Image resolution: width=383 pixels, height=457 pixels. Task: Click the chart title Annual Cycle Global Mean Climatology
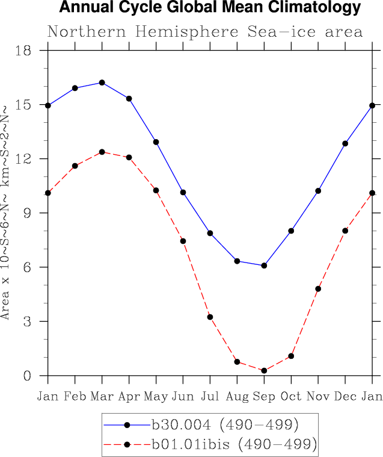coord(210,8)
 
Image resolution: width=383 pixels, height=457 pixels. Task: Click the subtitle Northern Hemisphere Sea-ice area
coord(205,32)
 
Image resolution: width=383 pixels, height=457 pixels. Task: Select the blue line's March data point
coord(102,82)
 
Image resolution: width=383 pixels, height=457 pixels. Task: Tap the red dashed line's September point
coord(264,370)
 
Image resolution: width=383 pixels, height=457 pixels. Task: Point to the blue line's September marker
coord(264,266)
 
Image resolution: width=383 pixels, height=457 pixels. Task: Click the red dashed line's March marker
coord(102,152)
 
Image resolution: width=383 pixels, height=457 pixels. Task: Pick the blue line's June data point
coord(183,193)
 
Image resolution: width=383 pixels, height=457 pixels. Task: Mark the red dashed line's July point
coord(210,317)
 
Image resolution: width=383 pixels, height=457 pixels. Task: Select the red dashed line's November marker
coord(318,289)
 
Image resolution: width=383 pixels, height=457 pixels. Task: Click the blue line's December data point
coord(345,143)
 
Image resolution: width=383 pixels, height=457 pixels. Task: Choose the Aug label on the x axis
coord(237,396)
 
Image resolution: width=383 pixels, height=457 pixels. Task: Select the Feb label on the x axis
coord(75,396)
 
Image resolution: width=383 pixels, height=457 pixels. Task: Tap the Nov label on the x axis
coord(318,396)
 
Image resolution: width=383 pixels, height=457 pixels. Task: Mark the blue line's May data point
coord(156,142)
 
